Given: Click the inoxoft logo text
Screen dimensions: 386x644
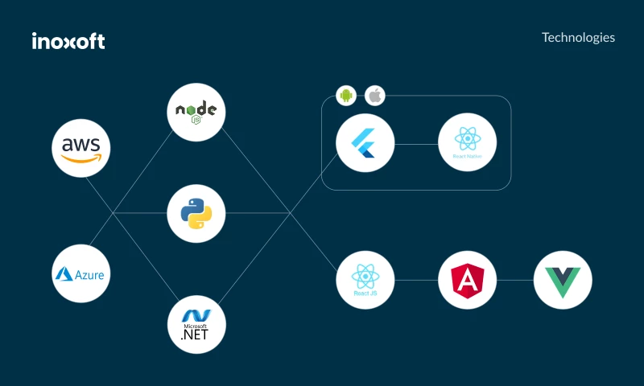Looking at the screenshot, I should (x=68, y=41).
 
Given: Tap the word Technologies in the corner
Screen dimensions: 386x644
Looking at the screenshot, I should (x=578, y=38).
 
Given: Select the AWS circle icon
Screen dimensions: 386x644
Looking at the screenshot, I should (x=81, y=147).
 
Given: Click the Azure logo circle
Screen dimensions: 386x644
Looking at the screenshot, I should (x=81, y=273).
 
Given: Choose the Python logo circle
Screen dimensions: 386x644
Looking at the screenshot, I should (x=196, y=213).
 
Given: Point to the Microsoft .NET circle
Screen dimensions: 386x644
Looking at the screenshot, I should (x=196, y=324).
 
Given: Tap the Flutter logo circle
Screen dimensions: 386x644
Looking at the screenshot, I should (x=365, y=144).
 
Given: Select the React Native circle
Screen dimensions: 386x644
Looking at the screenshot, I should (x=468, y=144).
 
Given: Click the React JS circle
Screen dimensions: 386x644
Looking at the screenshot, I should (x=365, y=280).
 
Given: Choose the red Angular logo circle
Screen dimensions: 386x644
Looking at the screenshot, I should (x=468, y=280).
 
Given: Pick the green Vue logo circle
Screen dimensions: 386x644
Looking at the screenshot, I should (x=563, y=280).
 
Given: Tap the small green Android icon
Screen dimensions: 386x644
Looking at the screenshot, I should (x=346, y=96).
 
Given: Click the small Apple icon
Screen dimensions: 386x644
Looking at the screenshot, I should (x=374, y=96).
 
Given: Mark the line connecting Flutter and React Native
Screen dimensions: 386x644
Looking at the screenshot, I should (x=416, y=145).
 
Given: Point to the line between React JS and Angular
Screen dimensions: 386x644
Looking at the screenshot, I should (x=416, y=281).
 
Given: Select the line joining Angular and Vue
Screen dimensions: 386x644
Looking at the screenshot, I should (x=515, y=281).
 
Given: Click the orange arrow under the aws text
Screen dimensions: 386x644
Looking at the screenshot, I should (x=81, y=158).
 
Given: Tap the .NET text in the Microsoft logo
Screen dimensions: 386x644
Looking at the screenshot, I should (x=195, y=335).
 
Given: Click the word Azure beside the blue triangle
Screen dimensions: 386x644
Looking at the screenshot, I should (x=90, y=275).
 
